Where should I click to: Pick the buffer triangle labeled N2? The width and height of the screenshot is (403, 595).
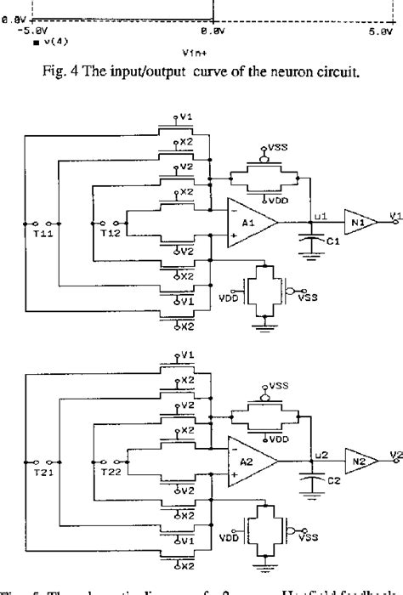pyautogui.click(x=359, y=459)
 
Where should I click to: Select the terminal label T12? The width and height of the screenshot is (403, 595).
pyautogui.click(x=109, y=233)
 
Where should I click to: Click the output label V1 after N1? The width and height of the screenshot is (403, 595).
pyautogui.click(x=392, y=217)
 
